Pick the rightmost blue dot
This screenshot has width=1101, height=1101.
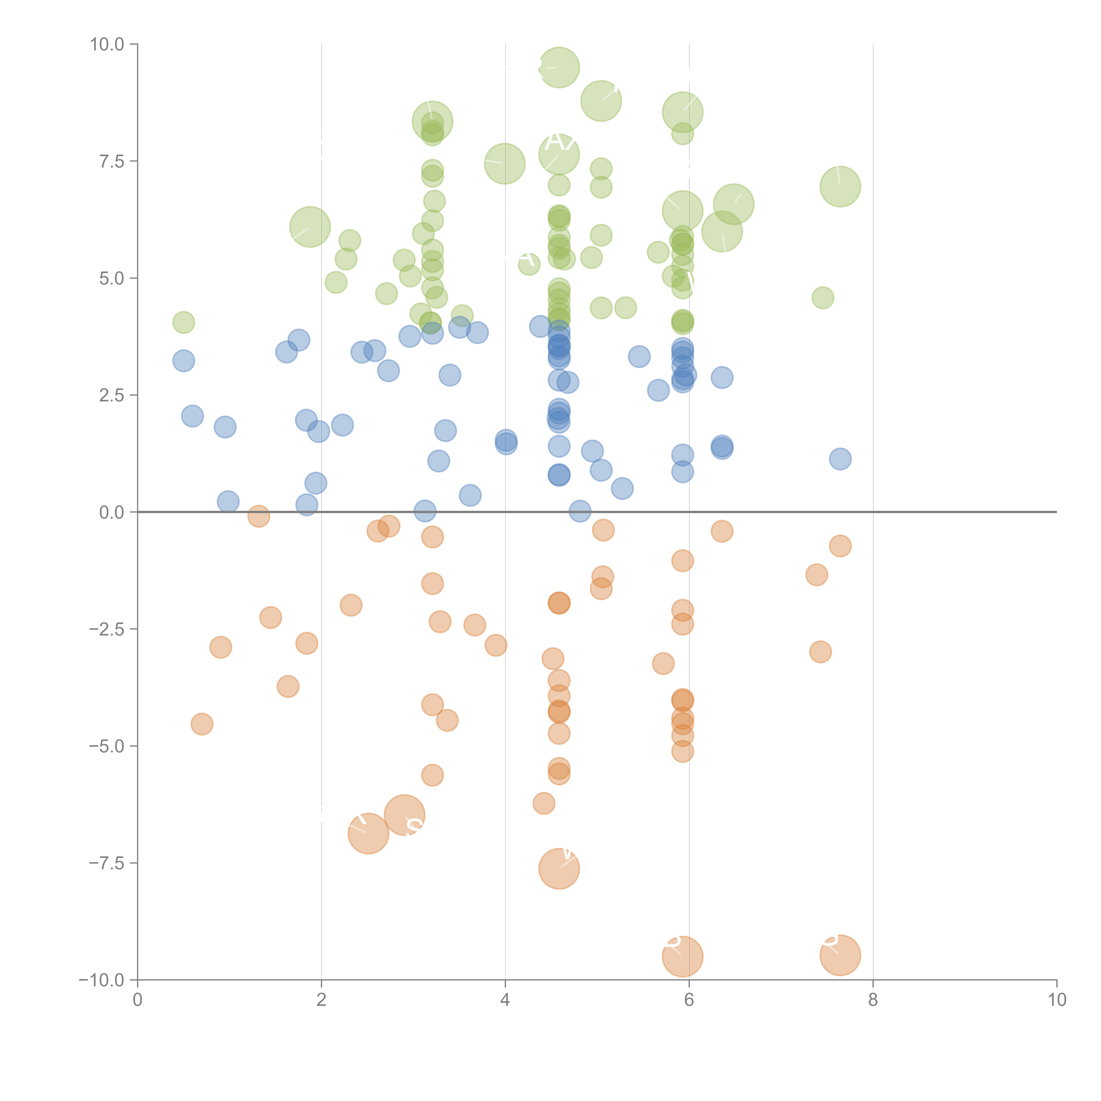[840, 459]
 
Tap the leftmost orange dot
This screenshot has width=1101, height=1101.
[202, 724]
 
